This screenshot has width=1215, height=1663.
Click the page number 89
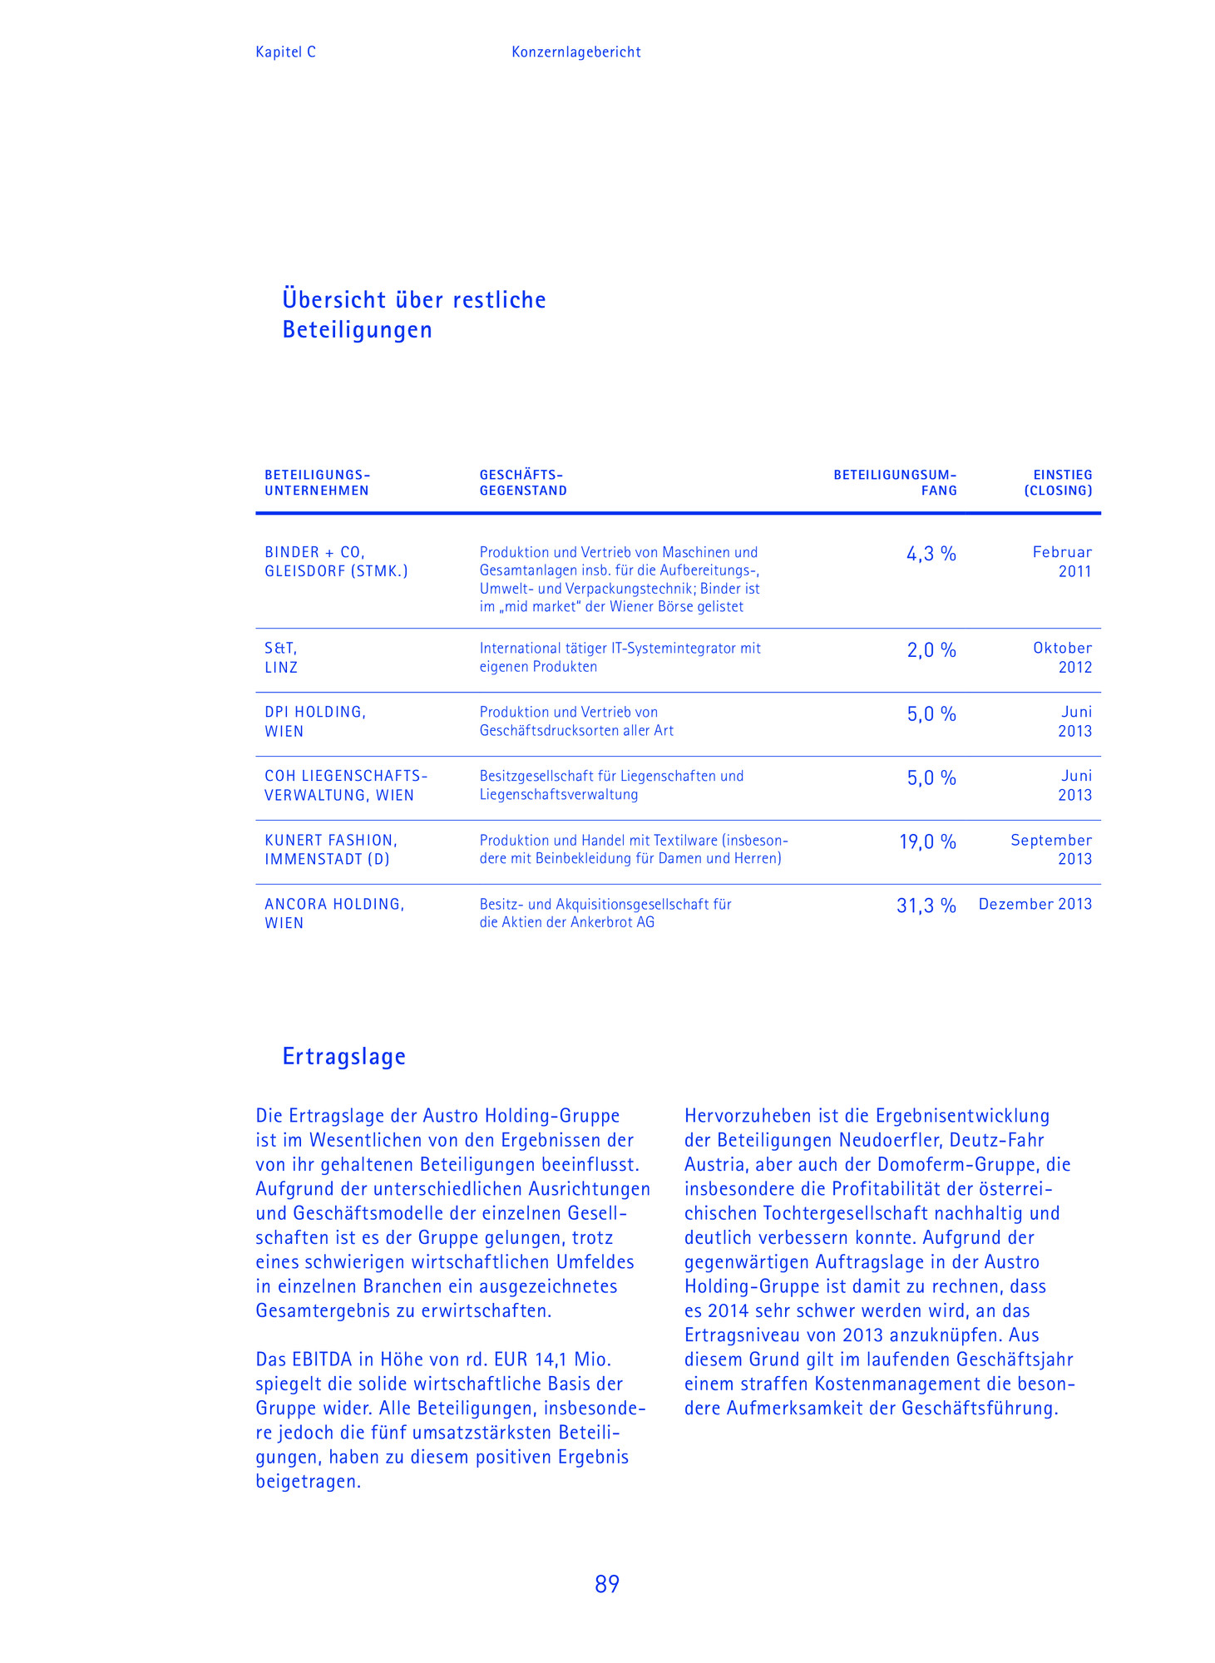607,1584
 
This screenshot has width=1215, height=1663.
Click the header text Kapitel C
285,52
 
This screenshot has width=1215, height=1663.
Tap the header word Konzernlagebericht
575,52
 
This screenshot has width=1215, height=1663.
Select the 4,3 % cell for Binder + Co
931,554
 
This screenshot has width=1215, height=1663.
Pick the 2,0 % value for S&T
931,650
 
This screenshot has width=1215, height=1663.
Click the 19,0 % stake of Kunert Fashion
927,842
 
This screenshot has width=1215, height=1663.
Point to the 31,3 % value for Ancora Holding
926,906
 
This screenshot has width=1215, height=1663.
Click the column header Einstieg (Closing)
1058,482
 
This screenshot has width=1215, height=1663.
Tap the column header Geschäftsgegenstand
523,482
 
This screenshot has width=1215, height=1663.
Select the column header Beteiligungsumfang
895,482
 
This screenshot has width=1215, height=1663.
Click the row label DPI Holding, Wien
315,722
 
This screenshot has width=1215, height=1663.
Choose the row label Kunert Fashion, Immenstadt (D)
330,849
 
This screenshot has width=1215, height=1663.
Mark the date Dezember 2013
1035,904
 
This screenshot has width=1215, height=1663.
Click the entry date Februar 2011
1062,561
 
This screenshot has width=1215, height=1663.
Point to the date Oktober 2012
1062,657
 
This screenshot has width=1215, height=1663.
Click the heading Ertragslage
344,1056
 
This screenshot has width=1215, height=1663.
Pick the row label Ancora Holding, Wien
334,913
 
